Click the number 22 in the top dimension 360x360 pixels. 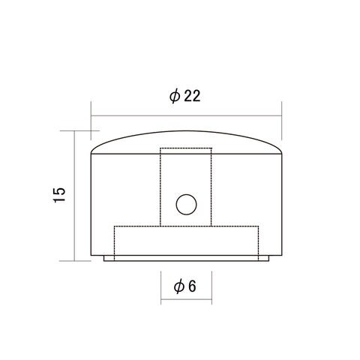[x=192, y=96]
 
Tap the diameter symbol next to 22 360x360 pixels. [x=175, y=96]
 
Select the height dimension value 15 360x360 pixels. [x=59, y=195]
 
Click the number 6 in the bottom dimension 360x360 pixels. [x=192, y=286]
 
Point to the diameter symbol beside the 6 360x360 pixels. [x=179, y=286]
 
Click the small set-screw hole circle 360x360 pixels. [x=187, y=204]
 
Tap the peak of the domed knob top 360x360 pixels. [x=186, y=130]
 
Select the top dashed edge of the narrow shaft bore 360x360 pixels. [x=186, y=148]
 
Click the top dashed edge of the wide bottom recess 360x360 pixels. [x=186, y=226]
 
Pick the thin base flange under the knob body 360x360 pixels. [x=186, y=259]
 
